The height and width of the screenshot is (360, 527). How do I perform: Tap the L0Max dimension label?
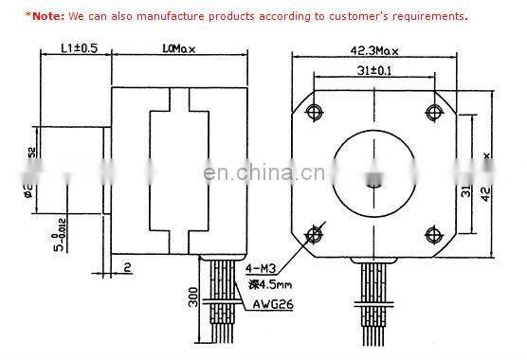click(178, 47)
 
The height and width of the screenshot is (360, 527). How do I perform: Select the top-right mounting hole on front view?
click(434, 113)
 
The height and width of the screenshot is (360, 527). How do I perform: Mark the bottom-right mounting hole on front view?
click(434, 233)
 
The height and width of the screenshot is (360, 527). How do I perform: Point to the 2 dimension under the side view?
click(126, 268)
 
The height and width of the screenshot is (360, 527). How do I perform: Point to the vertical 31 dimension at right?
click(466, 194)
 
